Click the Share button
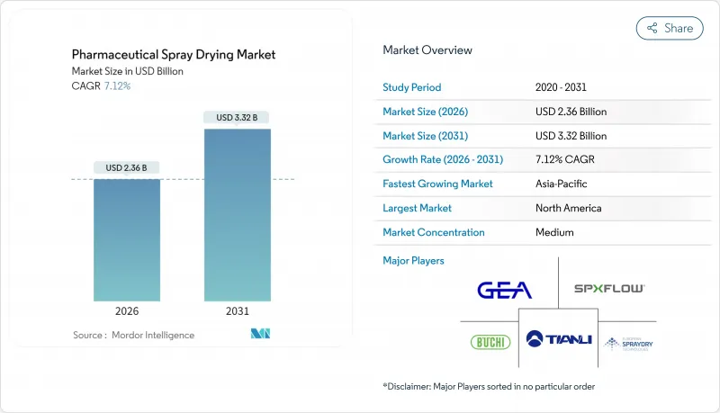click(670, 28)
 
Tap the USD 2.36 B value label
click(127, 167)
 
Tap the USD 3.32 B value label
click(238, 117)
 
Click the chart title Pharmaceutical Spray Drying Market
click(173, 55)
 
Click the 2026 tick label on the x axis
click(127, 311)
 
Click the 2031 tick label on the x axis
click(238, 311)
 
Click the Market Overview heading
click(427, 49)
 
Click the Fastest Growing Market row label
click(437, 184)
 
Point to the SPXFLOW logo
click(609, 289)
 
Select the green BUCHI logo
click(490, 342)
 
